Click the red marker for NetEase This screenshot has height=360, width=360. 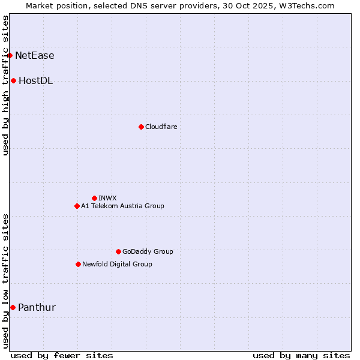10,56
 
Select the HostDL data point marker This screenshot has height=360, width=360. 13,81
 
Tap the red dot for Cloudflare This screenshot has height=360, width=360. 141,127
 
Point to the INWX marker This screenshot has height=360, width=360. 94,198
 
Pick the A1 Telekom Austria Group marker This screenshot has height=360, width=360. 77,206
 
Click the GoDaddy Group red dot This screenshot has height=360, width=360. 118,251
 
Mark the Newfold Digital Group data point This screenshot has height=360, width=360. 78,264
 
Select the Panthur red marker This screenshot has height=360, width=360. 13,308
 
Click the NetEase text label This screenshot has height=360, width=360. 35,56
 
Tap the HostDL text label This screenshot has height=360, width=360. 36,81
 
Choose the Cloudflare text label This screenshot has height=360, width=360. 161,127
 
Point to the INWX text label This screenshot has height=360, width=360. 108,198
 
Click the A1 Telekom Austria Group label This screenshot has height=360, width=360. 122,206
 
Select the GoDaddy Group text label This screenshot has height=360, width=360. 148,251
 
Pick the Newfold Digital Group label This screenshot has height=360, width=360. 117,264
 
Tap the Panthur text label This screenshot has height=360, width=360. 37,308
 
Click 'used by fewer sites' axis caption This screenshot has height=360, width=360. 62,355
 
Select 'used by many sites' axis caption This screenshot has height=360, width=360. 301,355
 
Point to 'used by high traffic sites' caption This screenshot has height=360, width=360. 6,85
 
